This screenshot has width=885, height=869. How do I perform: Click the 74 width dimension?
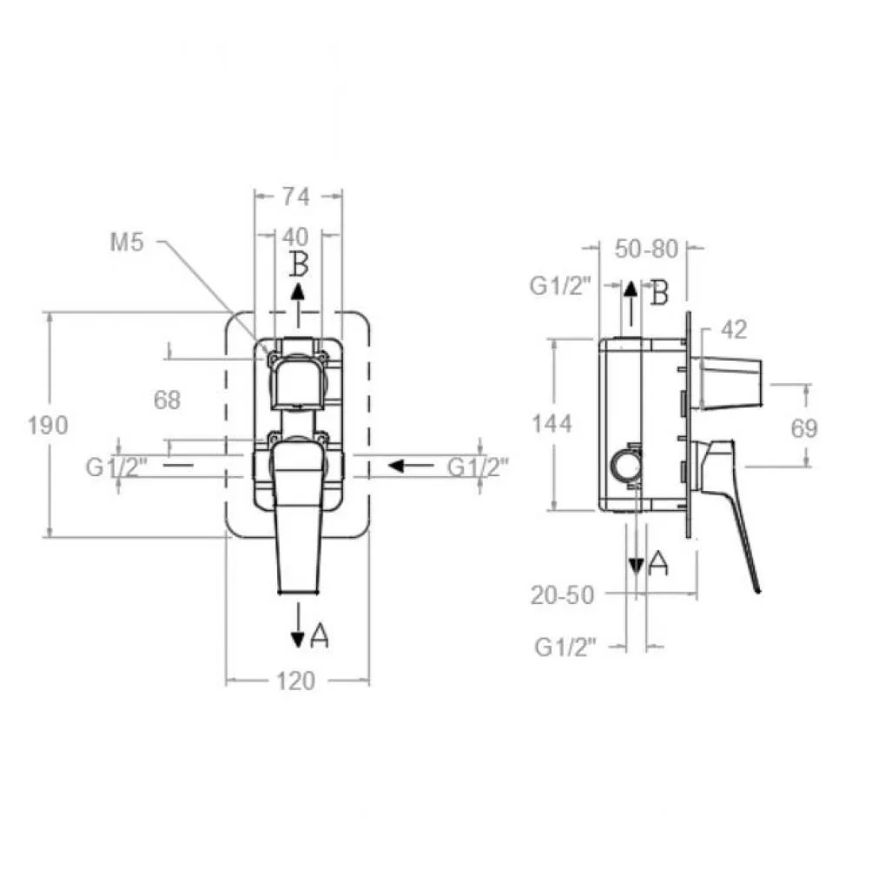pos(296,196)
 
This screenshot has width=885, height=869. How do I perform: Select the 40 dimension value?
pos(295,236)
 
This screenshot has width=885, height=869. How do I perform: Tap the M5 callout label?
pos(127,242)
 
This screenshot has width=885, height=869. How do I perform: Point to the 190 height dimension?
pos(48,425)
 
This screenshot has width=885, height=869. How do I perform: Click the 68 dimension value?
pos(167,401)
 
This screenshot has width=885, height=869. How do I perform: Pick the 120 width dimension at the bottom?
pos(296,681)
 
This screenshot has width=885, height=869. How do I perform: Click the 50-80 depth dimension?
pos(646,249)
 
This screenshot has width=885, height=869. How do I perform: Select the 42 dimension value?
pos(734,329)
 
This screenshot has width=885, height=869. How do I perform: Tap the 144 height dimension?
pos(552,423)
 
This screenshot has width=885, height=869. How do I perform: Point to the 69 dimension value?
pos(804,428)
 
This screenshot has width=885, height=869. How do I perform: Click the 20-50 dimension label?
pos(563,595)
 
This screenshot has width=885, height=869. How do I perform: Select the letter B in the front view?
pos(299,264)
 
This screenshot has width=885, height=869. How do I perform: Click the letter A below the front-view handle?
pos(319,635)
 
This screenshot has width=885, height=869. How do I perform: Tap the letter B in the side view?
pos(659,293)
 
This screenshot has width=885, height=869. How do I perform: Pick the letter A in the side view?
pos(657,563)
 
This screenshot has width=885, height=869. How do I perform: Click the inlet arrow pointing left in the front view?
pos(411,466)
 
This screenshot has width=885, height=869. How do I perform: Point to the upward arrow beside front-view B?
pos(299,305)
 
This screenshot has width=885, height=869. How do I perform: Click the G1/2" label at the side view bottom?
pos(565,647)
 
